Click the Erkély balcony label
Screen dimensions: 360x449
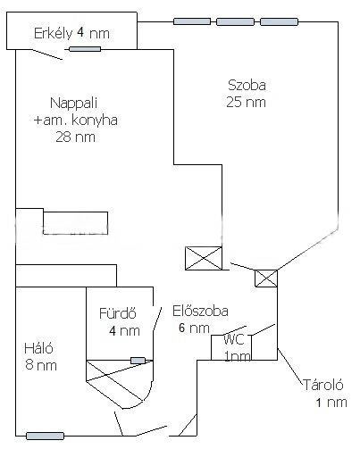pos(54,33)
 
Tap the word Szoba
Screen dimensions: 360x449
pos(247,86)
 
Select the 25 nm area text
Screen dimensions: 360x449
pos(246,102)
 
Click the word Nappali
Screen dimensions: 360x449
pos(74,104)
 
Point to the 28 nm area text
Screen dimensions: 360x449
pos(76,137)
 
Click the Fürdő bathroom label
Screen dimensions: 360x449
pos(118,313)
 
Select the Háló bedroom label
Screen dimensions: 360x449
pos(38,348)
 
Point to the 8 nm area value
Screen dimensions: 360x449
pos(41,365)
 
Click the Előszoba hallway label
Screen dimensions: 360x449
pos(200,312)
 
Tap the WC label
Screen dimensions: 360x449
pos(234,339)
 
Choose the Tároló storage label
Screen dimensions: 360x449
pos(323,385)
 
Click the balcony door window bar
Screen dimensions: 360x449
pos(85,49)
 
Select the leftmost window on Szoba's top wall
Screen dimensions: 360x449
pos(192,21)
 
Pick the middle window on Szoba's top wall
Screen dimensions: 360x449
pos(235,21)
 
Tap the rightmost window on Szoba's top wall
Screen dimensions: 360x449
pos(279,21)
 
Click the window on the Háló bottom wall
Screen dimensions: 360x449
pos(45,437)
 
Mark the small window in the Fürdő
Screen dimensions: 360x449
pos(138,361)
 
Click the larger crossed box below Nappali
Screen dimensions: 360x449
pos(204,258)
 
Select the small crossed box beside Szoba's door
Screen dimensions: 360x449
pos(266,279)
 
